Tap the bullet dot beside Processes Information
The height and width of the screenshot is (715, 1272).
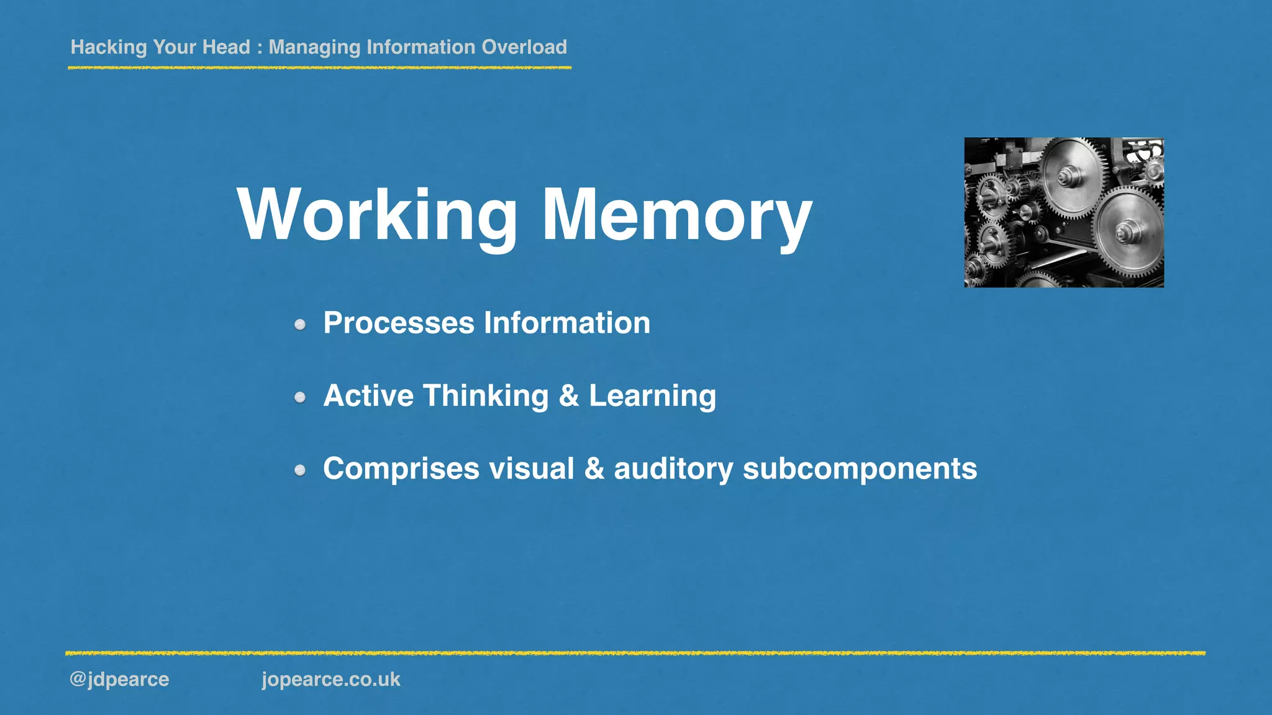point(301,325)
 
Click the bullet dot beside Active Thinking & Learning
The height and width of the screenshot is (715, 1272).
point(301,397)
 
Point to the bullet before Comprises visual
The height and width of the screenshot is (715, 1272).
point(301,470)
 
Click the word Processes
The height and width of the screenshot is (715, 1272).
point(399,323)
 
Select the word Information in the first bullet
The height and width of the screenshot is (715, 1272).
point(567,323)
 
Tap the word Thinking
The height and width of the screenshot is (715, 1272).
point(486,396)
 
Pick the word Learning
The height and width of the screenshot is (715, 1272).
point(652,396)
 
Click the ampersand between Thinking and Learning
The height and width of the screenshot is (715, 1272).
point(569,396)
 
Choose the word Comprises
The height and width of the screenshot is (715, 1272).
point(401,469)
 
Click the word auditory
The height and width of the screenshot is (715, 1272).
point(674,469)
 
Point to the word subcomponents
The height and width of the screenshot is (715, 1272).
point(860,469)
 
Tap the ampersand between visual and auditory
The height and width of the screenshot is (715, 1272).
point(594,469)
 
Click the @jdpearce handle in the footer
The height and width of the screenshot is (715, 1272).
point(119,679)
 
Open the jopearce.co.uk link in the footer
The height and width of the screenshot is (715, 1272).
point(331,679)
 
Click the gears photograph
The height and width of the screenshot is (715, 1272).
point(1064,212)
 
